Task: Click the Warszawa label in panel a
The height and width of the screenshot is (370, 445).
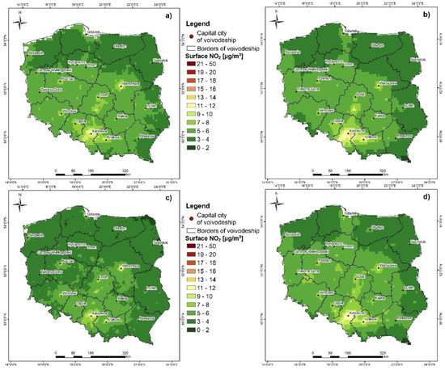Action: [x=126, y=83]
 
